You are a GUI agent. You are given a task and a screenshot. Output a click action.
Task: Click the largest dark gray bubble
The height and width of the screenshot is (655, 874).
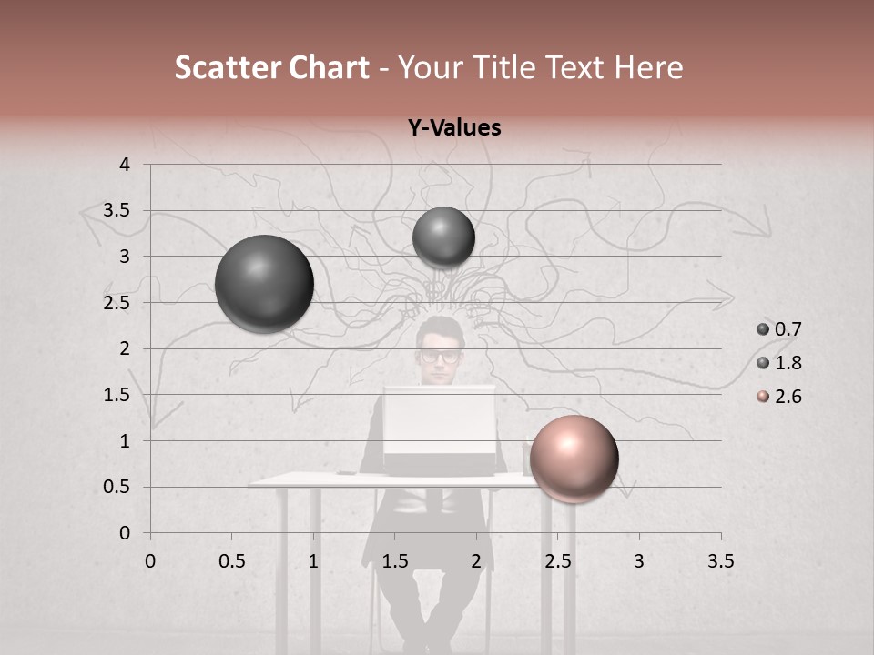click(x=264, y=284)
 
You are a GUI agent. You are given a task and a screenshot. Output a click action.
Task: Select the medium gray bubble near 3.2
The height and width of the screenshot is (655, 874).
click(x=443, y=237)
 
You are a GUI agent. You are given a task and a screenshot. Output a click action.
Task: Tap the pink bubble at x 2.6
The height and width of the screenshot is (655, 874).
click(x=574, y=458)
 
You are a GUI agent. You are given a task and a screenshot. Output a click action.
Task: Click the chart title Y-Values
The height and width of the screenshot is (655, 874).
click(x=454, y=128)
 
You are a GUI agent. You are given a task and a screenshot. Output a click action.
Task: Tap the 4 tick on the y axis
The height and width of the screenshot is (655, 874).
click(x=125, y=165)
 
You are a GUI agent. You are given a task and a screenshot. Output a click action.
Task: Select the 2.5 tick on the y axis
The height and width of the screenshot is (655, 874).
click(x=117, y=303)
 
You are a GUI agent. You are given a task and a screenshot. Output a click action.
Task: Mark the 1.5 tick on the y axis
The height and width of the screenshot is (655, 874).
click(x=117, y=395)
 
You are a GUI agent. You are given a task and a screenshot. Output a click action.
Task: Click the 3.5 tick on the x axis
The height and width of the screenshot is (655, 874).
click(x=720, y=561)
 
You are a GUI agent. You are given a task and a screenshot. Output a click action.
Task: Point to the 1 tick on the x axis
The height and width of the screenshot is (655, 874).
click(x=313, y=561)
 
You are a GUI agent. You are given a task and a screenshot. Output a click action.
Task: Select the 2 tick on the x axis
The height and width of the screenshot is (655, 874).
click(x=476, y=561)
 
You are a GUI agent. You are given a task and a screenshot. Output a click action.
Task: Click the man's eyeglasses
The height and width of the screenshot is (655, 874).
click(x=441, y=356)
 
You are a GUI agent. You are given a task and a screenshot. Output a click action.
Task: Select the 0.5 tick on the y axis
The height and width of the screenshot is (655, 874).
click(x=117, y=487)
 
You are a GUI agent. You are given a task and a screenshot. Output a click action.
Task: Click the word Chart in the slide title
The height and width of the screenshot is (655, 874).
click(x=329, y=67)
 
